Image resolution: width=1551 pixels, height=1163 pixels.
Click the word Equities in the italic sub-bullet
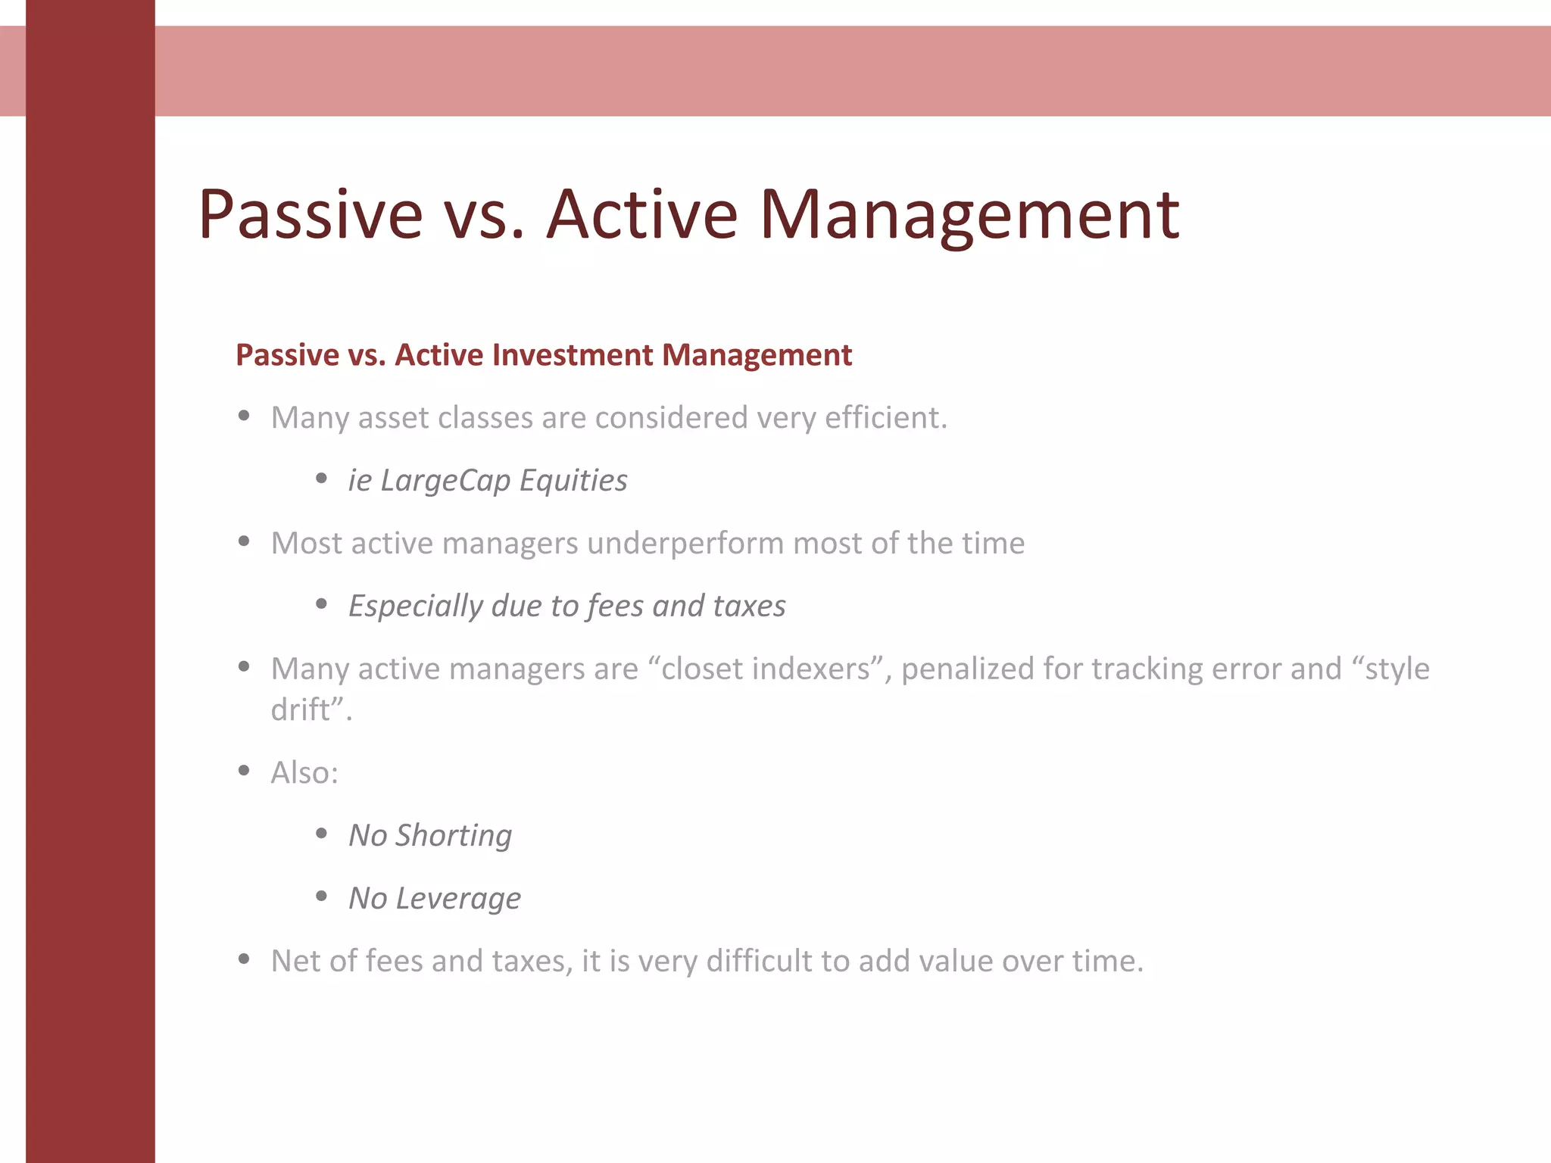[x=573, y=481]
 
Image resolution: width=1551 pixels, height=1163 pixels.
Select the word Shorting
[x=454, y=836]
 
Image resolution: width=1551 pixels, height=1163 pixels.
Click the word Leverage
[x=458, y=899]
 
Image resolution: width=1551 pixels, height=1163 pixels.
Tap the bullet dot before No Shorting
[x=321, y=834]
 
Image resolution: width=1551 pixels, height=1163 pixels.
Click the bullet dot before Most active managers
[x=244, y=541]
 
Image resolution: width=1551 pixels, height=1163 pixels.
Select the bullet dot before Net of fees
[x=244, y=959]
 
